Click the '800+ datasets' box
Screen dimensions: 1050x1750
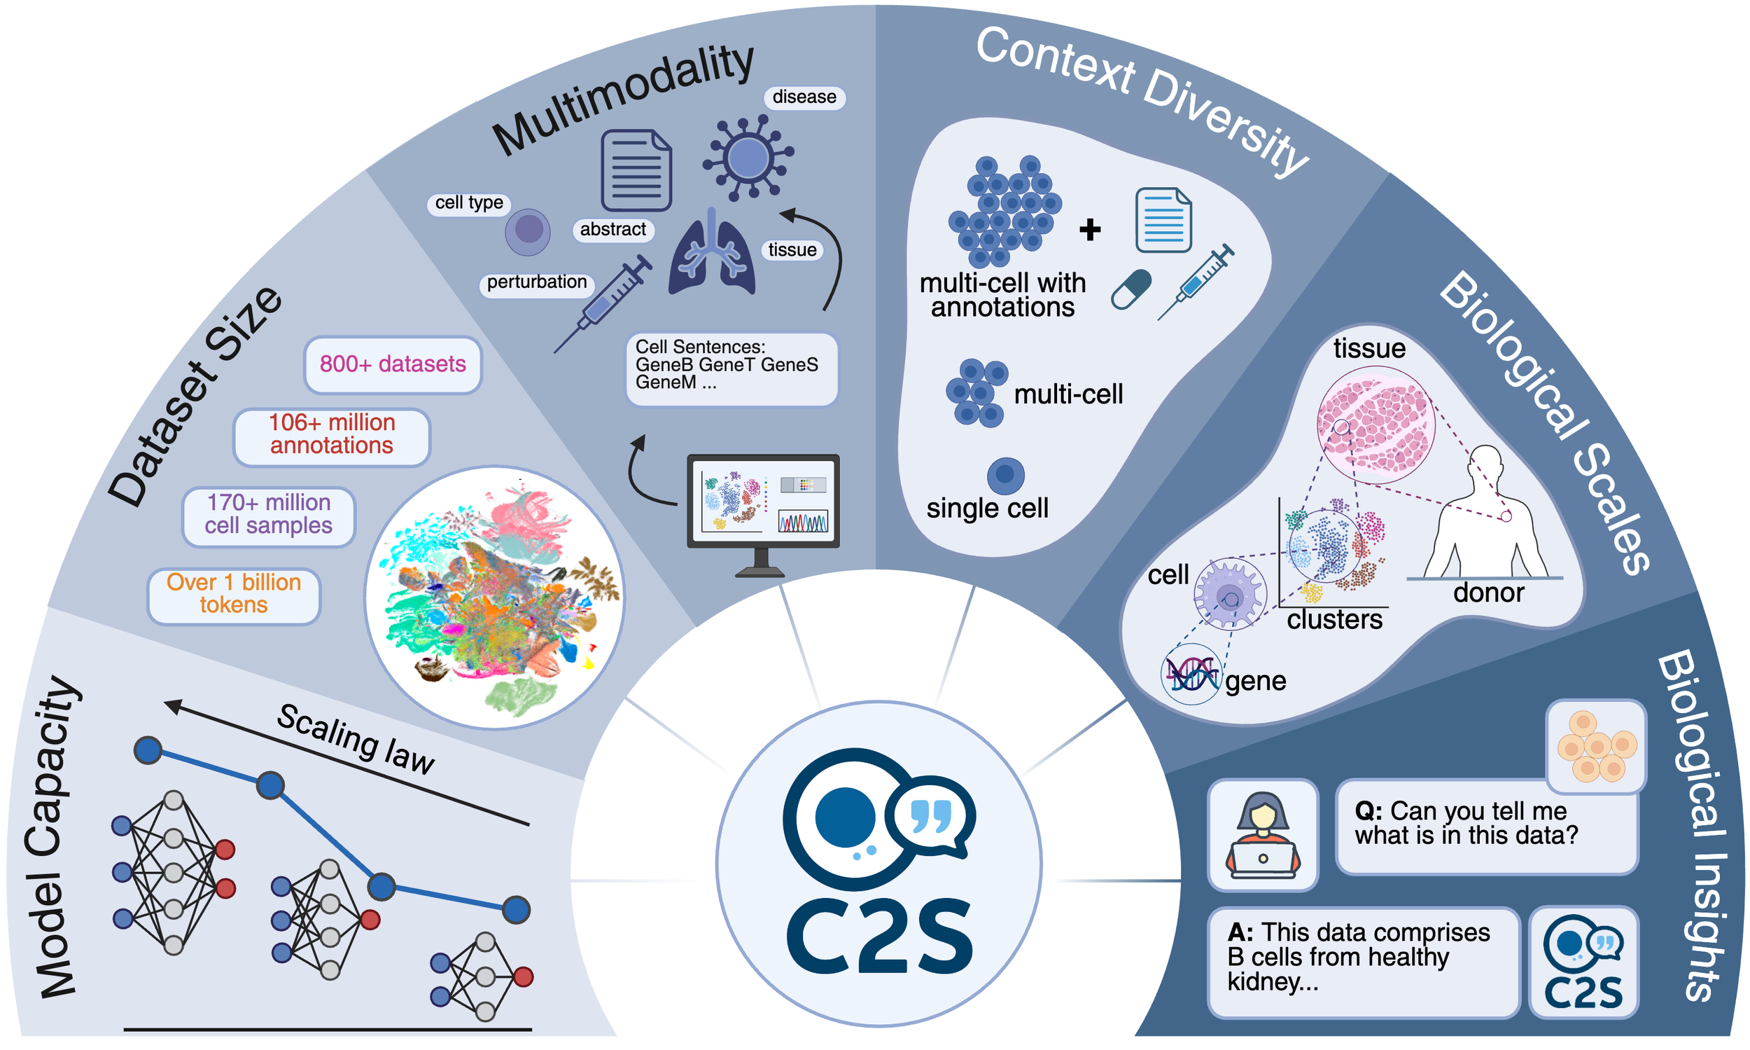coord(393,364)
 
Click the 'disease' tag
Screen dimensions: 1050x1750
coord(804,97)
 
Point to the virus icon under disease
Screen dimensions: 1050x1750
coord(748,157)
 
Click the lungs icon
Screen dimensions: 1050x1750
coord(711,255)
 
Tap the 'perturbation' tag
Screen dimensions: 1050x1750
coord(536,282)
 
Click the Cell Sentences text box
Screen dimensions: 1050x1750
coord(731,368)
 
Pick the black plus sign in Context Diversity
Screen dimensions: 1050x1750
coord(1090,229)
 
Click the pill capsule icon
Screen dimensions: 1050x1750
coord(1130,289)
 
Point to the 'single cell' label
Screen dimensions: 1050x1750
coord(987,508)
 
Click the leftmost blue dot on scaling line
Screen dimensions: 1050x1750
coord(148,750)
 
